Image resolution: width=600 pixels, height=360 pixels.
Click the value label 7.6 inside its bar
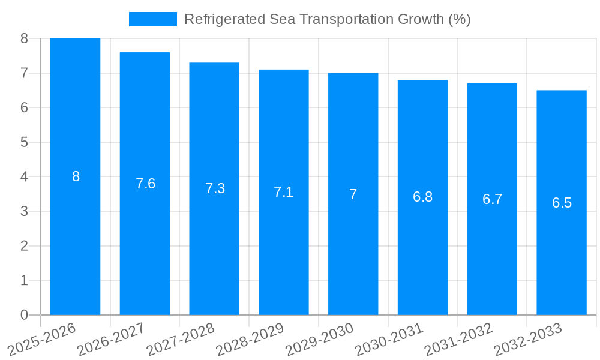coord(145,184)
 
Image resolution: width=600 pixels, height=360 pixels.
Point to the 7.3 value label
coord(215,188)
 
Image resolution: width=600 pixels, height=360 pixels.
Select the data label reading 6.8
coord(422,197)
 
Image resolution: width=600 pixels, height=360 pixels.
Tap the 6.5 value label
coord(562,203)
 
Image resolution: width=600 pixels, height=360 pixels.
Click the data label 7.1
coord(284,192)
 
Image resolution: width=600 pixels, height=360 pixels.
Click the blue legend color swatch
coord(153,19)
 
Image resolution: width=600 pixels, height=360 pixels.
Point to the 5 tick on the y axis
coord(25,142)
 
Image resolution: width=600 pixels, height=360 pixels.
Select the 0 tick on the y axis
coord(25,315)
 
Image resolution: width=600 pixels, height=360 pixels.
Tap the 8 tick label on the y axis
coord(25,38)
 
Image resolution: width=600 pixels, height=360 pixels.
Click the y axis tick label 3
coord(25,211)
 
